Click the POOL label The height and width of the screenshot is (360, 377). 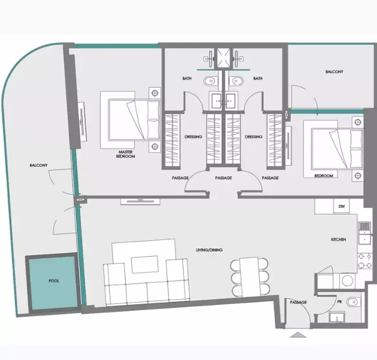click(x=54, y=281)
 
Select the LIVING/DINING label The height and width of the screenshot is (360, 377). click(x=210, y=250)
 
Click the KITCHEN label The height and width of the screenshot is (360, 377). click(x=338, y=240)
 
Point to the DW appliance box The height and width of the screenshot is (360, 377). click(x=341, y=206)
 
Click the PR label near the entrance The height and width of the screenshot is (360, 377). click(x=340, y=302)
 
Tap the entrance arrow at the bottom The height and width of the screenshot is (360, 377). click(x=297, y=335)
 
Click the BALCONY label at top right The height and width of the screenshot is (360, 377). click(x=334, y=72)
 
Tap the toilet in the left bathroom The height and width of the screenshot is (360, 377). click(x=210, y=80)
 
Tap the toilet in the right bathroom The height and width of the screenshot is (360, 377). click(x=235, y=80)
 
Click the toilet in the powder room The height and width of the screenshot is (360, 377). click(x=354, y=301)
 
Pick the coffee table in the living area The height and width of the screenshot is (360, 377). click(x=145, y=264)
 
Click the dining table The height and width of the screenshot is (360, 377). click(x=249, y=276)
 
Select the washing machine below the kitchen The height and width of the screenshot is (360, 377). click(x=347, y=281)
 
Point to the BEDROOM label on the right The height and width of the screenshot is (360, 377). click(x=323, y=176)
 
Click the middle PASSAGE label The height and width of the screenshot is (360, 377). click(x=223, y=178)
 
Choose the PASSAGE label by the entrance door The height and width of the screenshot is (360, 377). click(x=298, y=302)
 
